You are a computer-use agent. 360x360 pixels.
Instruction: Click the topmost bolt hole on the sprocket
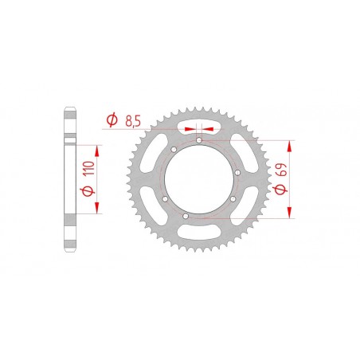[198, 140]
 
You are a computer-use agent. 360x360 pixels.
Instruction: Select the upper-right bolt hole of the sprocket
[227, 157]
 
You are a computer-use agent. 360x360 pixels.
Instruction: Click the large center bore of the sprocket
[196, 178]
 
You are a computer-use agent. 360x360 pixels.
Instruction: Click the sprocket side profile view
[69, 178]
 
